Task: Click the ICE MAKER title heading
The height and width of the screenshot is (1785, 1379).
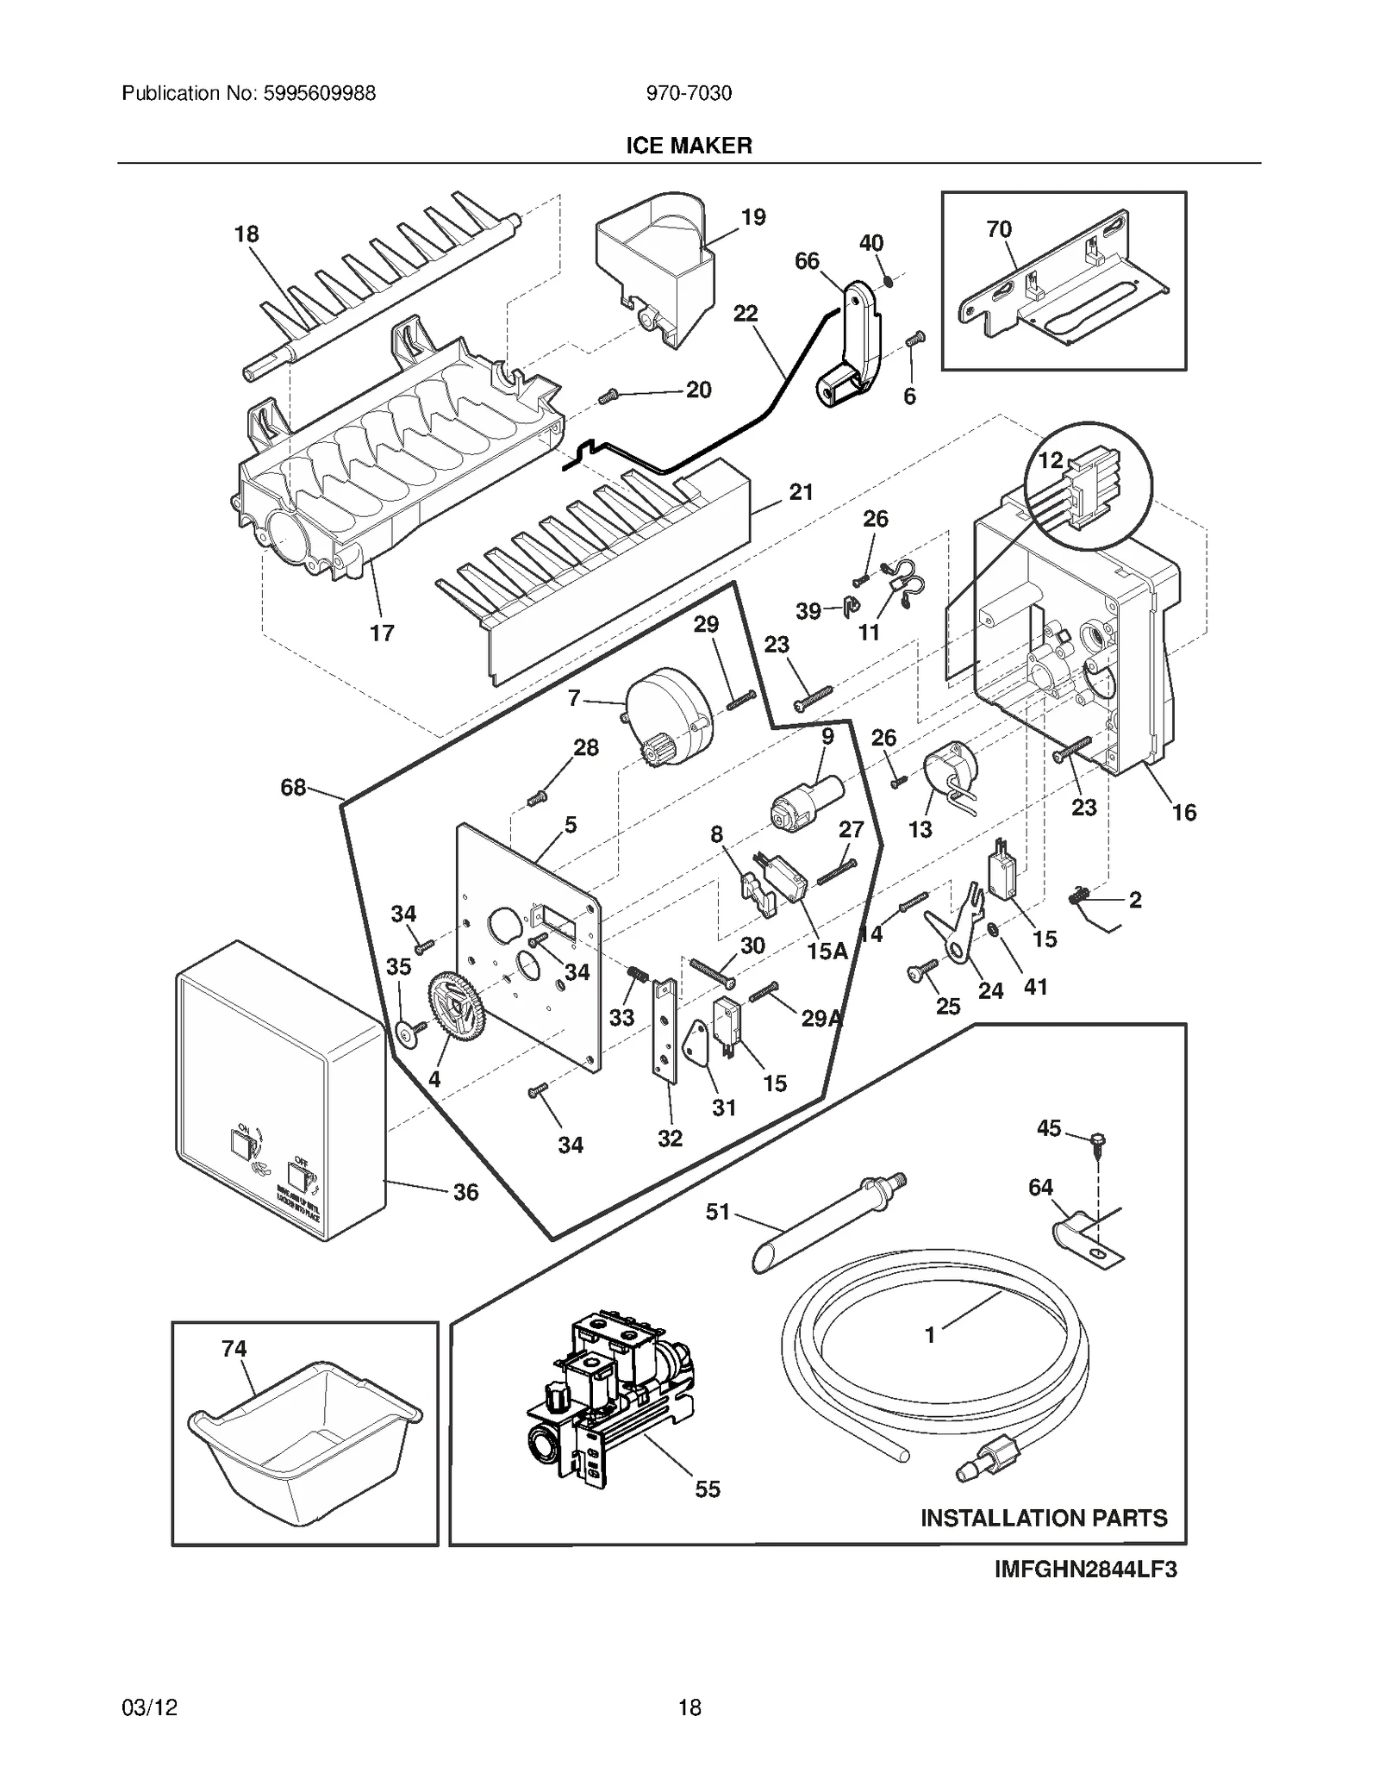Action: (688, 146)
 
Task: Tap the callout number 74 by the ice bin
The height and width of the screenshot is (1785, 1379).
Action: (234, 1348)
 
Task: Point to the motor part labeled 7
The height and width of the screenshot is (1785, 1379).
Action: (671, 716)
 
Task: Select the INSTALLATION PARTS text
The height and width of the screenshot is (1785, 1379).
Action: (1043, 1517)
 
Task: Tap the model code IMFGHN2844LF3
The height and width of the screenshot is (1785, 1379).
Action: (1085, 1569)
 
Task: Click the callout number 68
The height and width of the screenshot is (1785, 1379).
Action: (293, 787)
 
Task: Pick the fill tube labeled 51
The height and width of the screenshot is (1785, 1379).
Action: (827, 1225)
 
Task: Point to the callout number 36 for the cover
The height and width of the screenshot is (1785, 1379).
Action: (465, 1192)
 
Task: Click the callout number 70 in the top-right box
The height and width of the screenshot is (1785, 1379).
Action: (999, 229)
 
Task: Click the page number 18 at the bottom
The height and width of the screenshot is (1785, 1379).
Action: (689, 1707)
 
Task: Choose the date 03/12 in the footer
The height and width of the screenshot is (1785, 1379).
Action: (150, 1707)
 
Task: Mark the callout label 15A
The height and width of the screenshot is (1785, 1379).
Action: (827, 951)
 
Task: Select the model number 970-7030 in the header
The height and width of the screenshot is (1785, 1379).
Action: (689, 93)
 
